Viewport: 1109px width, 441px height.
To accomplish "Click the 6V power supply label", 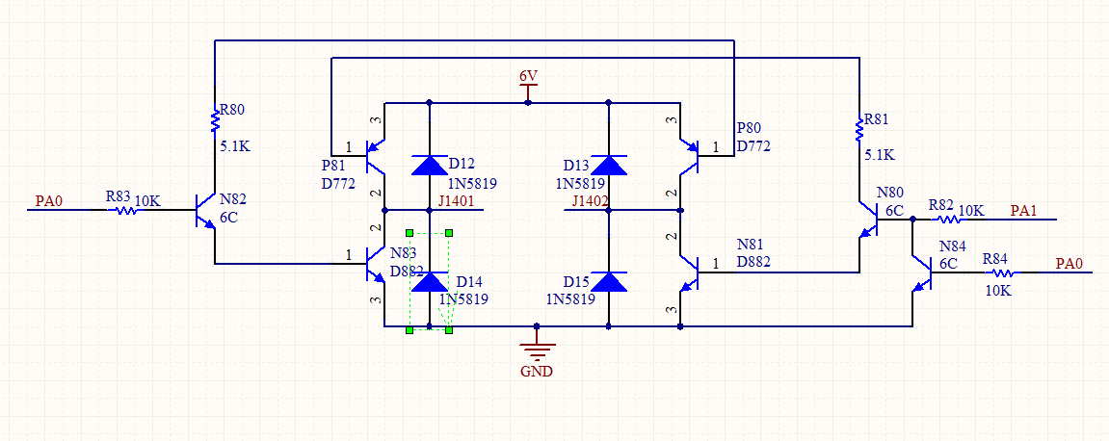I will coord(528,75).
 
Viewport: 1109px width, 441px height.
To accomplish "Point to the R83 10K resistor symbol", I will coord(126,209).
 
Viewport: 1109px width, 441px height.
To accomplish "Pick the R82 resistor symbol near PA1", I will coord(942,219).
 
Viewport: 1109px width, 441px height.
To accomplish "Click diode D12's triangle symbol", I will coord(429,165).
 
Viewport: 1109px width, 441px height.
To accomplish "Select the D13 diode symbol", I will coord(609,165).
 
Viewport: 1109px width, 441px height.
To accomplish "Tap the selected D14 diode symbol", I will coord(429,281).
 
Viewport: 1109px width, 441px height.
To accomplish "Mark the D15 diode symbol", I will coord(609,281).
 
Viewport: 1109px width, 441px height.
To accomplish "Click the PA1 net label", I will coord(1023,210).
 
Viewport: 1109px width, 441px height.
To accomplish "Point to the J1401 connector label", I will coord(456,200).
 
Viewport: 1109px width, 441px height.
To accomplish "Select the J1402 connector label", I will coord(590,200).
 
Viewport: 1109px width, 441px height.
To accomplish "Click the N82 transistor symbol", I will coord(206,209).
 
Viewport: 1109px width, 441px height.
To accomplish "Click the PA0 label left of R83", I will coord(48,201).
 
